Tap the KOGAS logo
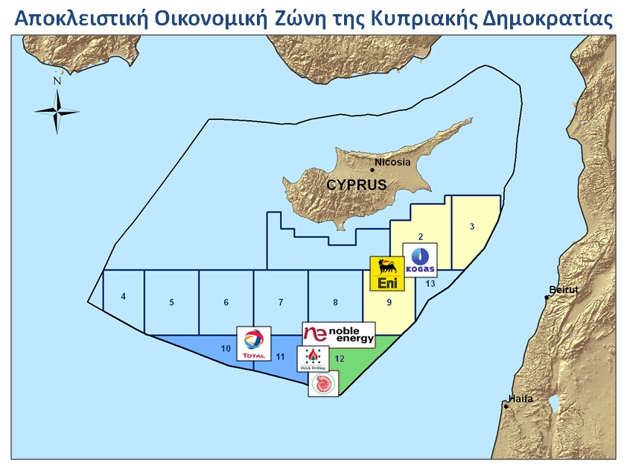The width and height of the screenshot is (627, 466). tap(420, 260)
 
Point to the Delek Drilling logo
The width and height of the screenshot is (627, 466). tap(313, 359)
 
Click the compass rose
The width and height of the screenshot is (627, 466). tap(57, 110)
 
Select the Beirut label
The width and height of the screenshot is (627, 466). tap(563, 289)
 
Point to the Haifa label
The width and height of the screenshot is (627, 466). tap(521, 398)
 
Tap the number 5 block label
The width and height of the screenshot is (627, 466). tap(171, 303)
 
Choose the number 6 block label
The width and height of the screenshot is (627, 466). tap(226, 303)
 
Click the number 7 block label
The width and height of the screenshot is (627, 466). tap(281, 303)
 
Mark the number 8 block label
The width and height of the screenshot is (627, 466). tap(336, 303)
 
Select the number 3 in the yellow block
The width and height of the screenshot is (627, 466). tap(472, 227)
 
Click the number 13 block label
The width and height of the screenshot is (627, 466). tap(430, 283)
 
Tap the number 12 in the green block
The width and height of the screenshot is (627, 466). tap(340, 359)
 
